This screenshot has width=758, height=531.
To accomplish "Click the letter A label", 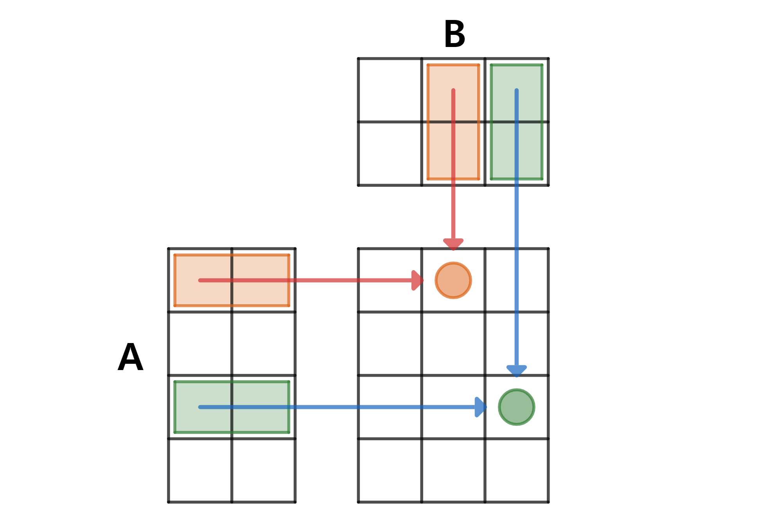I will pos(131,357).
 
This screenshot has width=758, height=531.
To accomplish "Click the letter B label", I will pos(454,34).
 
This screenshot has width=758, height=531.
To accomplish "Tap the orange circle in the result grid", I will pos(453,280).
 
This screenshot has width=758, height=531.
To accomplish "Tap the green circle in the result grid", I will pos(516,407).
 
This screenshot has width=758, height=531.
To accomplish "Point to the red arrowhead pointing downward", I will pos(453,244).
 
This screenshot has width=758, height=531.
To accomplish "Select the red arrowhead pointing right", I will pos(417,280).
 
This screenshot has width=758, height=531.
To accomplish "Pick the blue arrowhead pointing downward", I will pos(516,370).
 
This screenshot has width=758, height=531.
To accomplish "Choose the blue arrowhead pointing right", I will pos(480,407).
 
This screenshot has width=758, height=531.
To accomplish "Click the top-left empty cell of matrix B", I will pos(390,90).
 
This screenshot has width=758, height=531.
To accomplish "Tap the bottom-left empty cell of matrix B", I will pos(390,154).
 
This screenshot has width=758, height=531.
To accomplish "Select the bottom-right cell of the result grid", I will pos(516,470).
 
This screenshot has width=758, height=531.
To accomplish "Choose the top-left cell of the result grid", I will pos(390,280).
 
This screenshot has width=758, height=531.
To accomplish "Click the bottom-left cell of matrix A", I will pos(200,470).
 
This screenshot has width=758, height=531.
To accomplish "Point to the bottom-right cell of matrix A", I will pos(263,470).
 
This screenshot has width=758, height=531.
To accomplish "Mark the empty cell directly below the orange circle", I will pos(453,343).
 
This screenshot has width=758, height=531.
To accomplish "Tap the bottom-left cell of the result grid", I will pos(390,470).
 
